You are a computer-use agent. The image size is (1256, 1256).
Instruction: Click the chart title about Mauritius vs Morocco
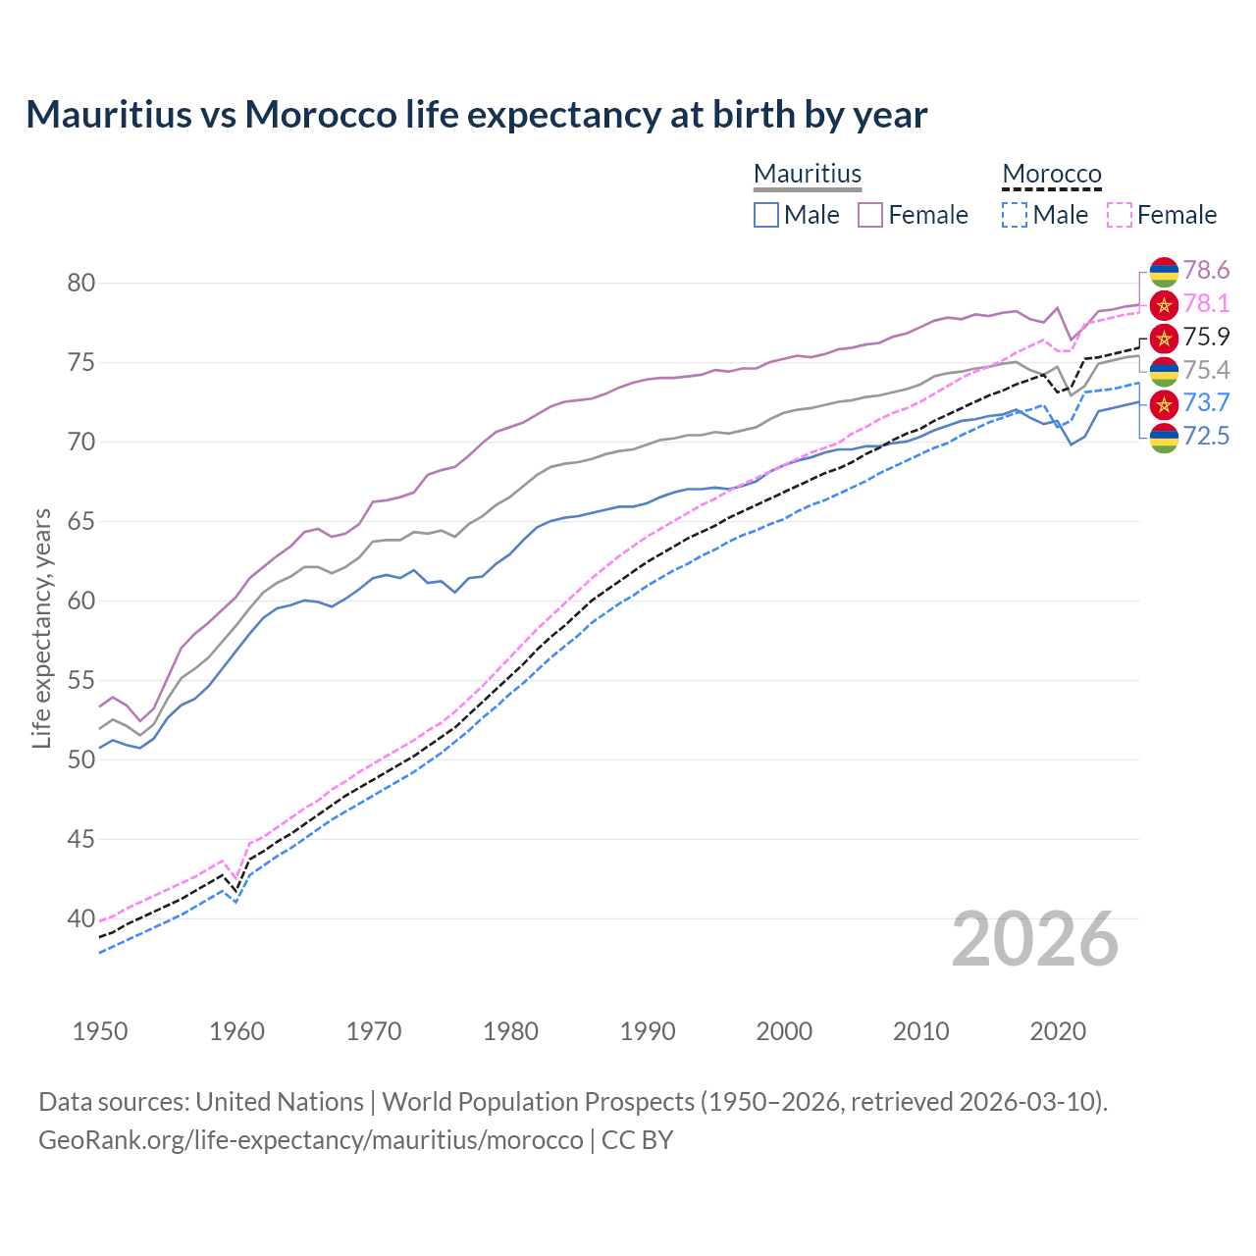pyautogui.click(x=476, y=115)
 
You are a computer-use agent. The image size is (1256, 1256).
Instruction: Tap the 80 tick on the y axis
pyautogui.click(x=81, y=283)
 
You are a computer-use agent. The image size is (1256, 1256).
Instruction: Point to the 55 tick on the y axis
pyautogui.click(x=81, y=680)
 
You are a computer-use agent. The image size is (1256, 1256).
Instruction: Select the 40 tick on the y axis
pyautogui.click(x=81, y=918)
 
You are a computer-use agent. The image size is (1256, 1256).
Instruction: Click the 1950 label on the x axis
pyautogui.click(x=100, y=1031)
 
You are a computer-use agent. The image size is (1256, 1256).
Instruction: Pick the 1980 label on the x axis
pyautogui.click(x=510, y=1031)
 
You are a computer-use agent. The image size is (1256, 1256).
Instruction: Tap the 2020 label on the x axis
pyautogui.click(x=1058, y=1031)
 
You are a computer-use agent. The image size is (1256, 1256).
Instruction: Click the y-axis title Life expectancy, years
pyautogui.click(x=41, y=628)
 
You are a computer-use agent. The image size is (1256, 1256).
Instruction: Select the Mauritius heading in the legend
pyautogui.click(x=808, y=174)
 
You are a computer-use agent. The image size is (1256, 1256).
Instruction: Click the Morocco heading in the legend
pyautogui.click(x=1052, y=174)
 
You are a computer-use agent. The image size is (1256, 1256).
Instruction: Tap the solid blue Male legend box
pyautogui.click(x=766, y=215)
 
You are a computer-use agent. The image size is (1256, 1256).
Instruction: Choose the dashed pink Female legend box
pyautogui.click(x=1119, y=215)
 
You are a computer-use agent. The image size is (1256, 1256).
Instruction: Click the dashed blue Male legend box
pyautogui.click(x=1015, y=215)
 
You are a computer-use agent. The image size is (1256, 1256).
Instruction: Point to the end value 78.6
pyautogui.click(x=1206, y=270)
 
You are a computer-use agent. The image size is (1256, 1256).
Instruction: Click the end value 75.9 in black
pyautogui.click(x=1206, y=337)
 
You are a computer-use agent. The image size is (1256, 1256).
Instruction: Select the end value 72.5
pyautogui.click(x=1206, y=436)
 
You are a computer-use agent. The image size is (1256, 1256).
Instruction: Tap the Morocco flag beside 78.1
pyautogui.click(x=1164, y=304)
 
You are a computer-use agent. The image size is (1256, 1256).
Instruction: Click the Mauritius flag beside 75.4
pyautogui.click(x=1164, y=371)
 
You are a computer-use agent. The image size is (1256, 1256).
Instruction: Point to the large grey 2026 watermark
pyautogui.click(x=1035, y=939)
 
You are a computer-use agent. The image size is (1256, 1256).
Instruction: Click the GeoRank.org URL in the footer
pyautogui.click(x=310, y=1140)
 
